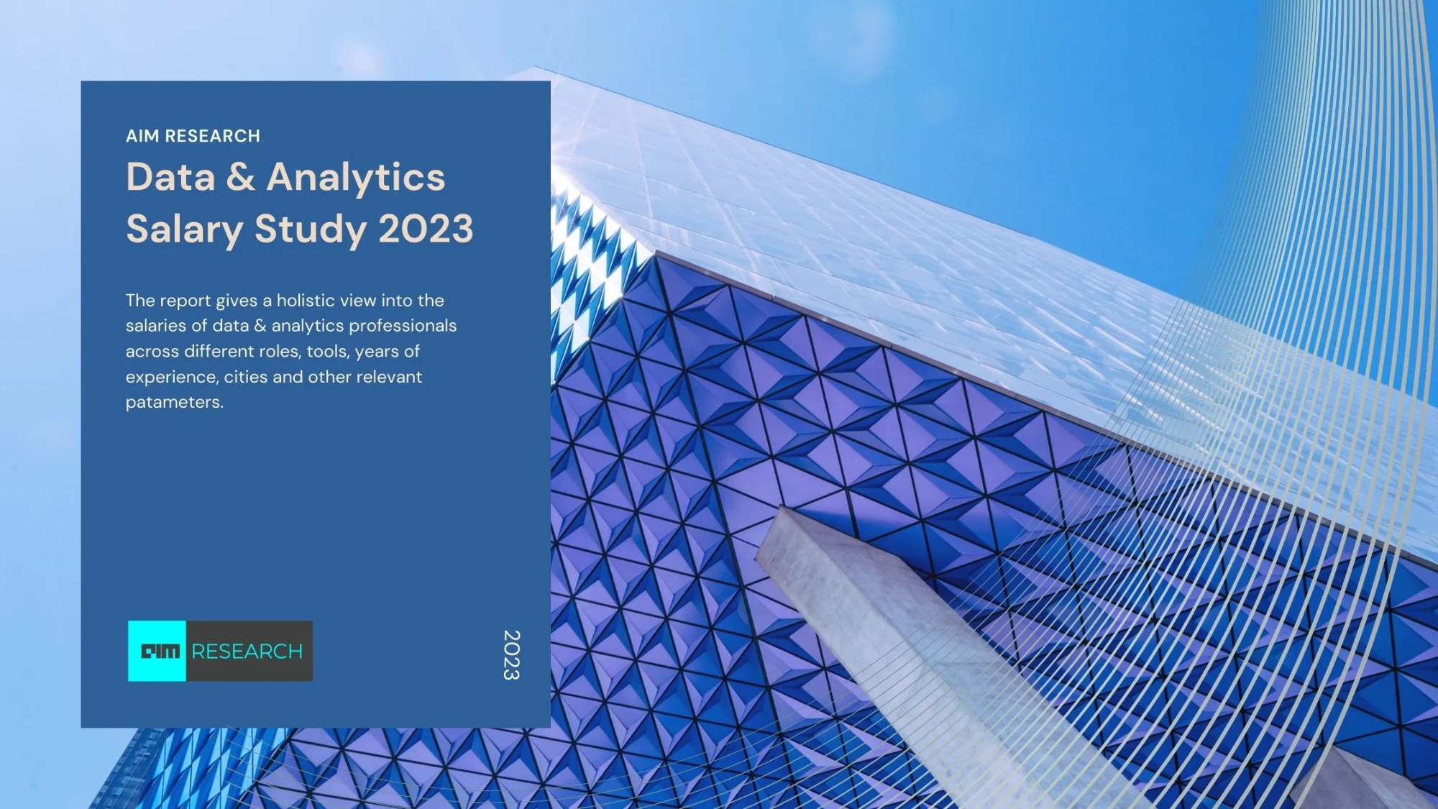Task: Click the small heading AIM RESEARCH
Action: click(193, 136)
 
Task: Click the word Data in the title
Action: click(170, 177)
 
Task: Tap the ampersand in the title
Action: click(240, 177)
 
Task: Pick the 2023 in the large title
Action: click(426, 229)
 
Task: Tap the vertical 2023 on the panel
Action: click(511, 655)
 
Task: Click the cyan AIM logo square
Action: click(157, 651)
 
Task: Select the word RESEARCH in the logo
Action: click(247, 652)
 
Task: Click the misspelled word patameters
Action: click(175, 402)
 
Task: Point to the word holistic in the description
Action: click(306, 300)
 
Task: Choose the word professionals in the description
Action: click(403, 326)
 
